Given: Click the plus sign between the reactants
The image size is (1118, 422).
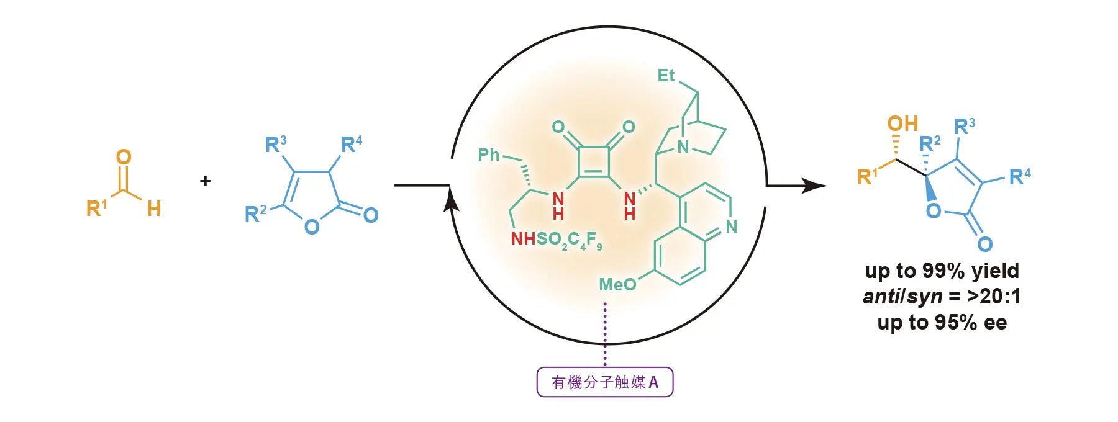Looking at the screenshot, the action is coord(206,181).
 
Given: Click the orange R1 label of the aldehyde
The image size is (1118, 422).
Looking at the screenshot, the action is coord(97,208).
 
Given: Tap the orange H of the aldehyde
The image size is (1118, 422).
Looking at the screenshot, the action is coord(154,209).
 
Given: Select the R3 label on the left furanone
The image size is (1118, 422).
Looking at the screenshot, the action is coord(276,144).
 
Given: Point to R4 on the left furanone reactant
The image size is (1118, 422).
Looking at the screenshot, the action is coord(352,144).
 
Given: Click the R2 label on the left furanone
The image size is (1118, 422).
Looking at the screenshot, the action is coord(255,213).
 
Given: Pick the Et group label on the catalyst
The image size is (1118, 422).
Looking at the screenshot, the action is coord(666,76).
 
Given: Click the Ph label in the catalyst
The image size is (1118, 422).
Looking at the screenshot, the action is coord(489,155).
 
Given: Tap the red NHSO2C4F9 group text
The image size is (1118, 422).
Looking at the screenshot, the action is coord(557,240).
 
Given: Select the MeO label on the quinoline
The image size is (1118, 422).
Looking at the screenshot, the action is coord(617,284).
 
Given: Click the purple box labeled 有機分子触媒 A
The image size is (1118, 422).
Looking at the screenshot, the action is coord(605,382).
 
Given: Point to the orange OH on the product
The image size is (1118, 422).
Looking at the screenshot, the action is coord(902,123).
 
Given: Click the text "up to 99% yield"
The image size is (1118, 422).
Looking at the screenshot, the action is coord(942,271).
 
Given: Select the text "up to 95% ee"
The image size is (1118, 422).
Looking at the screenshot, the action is coord(942,322).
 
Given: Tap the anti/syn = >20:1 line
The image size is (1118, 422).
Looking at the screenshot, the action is coord(942,297).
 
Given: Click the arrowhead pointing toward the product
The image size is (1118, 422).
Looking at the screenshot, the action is coord(815,185).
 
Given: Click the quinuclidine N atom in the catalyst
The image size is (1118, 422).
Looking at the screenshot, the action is coord(683,147).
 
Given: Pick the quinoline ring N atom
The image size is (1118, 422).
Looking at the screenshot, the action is coord(732,227).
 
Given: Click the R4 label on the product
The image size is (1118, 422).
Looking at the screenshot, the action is coord(1020,177).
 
